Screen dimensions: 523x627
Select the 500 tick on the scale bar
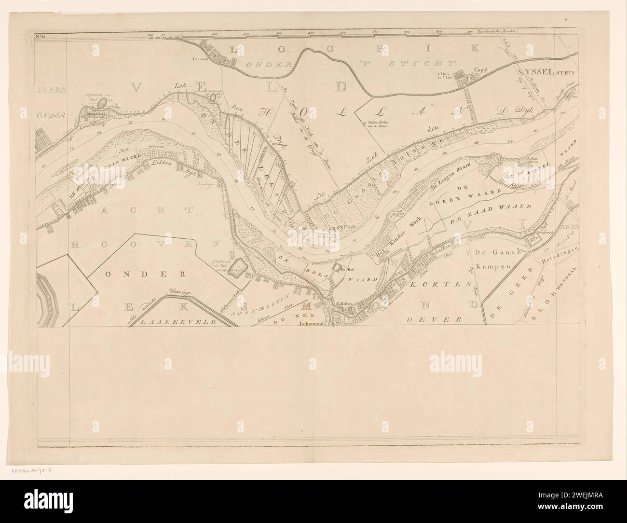click(x=344, y=32)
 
